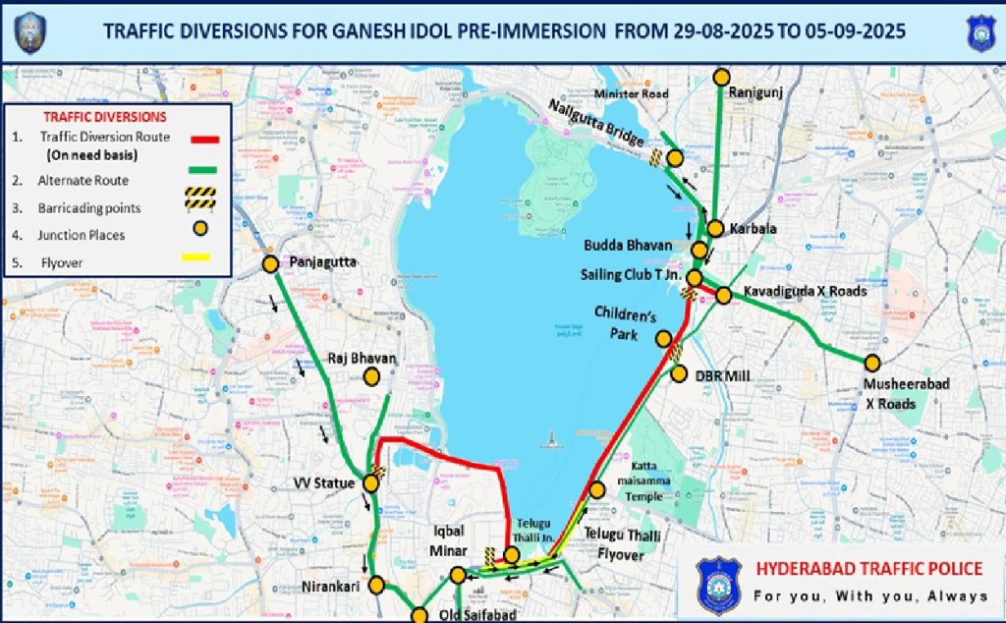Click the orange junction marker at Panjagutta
point(270,263)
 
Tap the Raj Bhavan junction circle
point(371,376)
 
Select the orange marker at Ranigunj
point(722,77)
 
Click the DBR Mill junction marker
point(679,373)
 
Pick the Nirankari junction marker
point(376,586)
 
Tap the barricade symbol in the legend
point(199,199)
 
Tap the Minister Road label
point(632,94)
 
